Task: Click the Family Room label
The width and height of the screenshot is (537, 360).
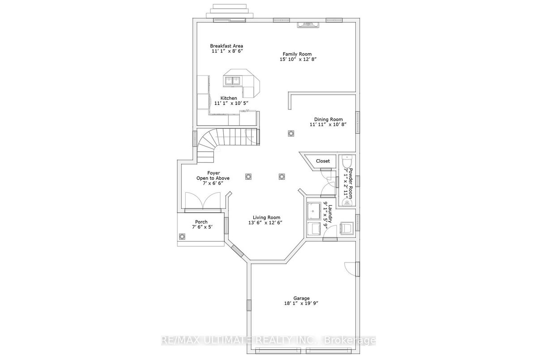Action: pyautogui.click(x=297, y=54)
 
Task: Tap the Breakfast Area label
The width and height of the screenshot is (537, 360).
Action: pyautogui.click(x=226, y=46)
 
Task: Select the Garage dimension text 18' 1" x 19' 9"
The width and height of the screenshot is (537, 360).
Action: pyautogui.click(x=301, y=303)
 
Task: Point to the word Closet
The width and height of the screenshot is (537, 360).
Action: pyautogui.click(x=323, y=161)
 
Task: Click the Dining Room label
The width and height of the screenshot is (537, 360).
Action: pyautogui.click(x=328, y=119)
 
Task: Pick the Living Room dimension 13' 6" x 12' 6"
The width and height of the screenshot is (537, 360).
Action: pyautogui.click(x=265, y=223)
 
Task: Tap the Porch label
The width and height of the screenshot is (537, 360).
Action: pyautogui.click(x=201, y=222)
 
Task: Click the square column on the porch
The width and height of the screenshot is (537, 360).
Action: pyautogui.click(x=182, y=237)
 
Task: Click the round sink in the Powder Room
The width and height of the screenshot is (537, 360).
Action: pyautogui.click(x=347, y=203)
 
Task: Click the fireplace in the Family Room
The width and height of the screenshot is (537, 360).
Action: pyautogui.click(x=308, y=25)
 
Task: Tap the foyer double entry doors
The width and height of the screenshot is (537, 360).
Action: pyautogui.click(x=203, y=201)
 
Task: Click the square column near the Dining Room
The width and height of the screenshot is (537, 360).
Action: pyautogui.click(x=291, y=133)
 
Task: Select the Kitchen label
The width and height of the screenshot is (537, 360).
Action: pyautogui.click(x=229, y=98)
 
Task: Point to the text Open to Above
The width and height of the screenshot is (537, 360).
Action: pyautogui.click(x=213, y=178)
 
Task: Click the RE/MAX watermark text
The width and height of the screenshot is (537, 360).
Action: pyautogui.click(x=268, y=340)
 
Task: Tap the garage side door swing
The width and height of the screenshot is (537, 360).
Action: pyautogui.click(x=350, y=269)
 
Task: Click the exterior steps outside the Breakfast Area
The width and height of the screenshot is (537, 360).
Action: pyautogui.click(x=230, y=11)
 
